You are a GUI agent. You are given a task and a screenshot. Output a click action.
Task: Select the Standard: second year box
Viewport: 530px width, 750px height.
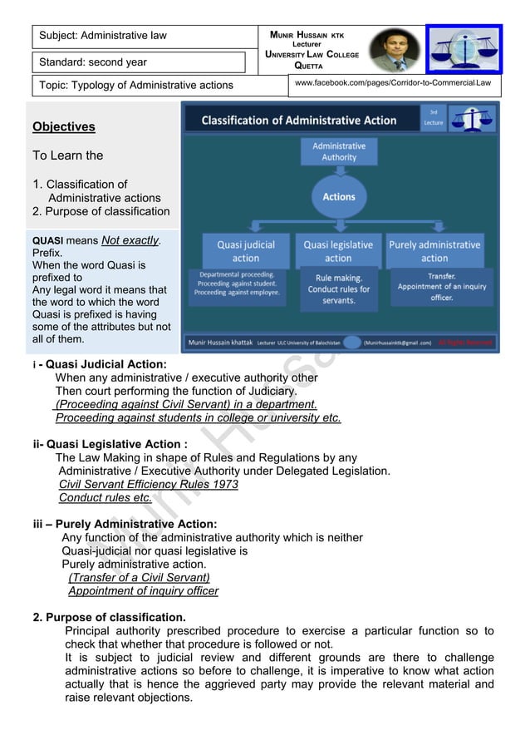click(140, 62)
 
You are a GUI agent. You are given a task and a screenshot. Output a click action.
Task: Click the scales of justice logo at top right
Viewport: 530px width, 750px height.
click(464, 48)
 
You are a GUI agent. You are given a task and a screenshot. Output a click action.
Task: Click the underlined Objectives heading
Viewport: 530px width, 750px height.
click(64, 127)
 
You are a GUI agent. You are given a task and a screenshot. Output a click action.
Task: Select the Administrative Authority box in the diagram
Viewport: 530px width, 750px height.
click(339, 151)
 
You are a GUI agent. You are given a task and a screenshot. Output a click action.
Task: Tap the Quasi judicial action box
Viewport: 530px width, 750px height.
click(246, 251)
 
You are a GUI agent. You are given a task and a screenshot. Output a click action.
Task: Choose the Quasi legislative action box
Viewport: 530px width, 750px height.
click(338, 251)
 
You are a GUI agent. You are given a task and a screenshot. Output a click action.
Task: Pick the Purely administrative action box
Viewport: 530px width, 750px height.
click(434, 251)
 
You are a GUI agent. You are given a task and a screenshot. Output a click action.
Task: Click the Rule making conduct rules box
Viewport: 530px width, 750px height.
click(338, 289)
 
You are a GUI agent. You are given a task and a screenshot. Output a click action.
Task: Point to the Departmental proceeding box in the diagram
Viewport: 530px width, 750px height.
click(238, 284)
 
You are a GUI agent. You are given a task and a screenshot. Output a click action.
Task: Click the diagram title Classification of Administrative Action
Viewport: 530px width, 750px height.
click(299, 121)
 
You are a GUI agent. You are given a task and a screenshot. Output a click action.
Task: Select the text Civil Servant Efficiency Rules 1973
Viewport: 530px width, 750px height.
click(149, 484)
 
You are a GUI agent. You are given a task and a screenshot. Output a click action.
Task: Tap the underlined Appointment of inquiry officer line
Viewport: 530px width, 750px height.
click(144, 591)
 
